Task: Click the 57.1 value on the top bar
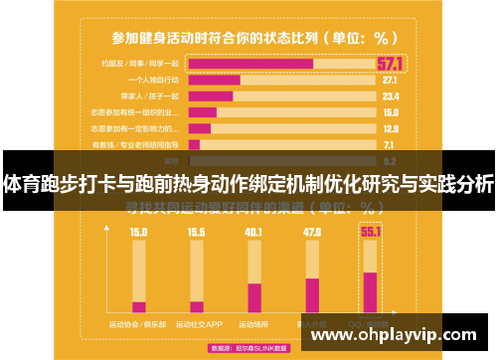click(390, 64)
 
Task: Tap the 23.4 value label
click(390, 96)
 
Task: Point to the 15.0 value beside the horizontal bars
click(390, 112)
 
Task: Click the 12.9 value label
click(390, 128)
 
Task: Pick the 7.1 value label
click(390, 144)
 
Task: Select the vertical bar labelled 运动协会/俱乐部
click(139, 279)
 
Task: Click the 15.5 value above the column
click(197, 233)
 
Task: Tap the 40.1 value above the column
click(254, 233)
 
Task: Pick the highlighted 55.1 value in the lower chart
click(371, 232)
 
